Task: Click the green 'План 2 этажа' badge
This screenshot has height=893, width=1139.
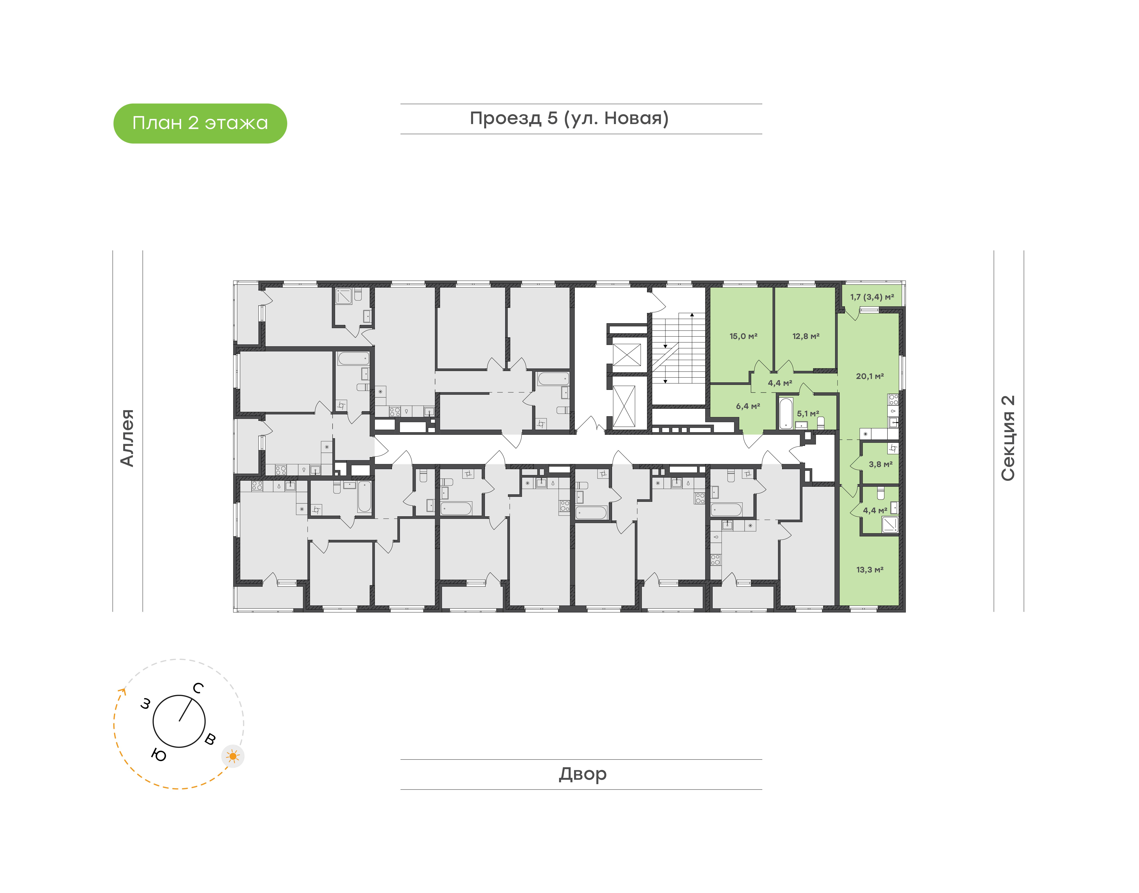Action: coord(200,123)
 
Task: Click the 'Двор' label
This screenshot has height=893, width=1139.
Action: coord(582,774)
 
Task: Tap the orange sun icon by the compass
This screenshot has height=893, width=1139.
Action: coord(233,756)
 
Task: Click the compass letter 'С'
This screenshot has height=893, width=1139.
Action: coord(198,688)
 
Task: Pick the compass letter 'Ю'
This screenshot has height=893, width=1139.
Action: coord(159,755)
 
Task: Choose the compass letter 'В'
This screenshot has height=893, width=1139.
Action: coord(210,739)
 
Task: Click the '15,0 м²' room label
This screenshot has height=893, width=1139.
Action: coord(743,336)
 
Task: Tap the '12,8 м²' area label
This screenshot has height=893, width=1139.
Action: coord(806,336)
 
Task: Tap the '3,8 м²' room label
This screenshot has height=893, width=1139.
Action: coord(880,464)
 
